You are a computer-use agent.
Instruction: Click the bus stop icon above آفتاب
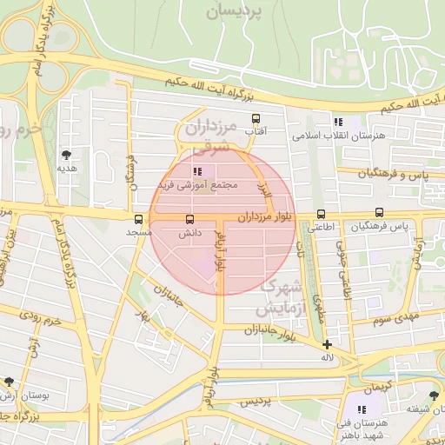click(256, 118)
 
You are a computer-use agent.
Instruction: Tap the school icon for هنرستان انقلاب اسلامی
click(337, 123)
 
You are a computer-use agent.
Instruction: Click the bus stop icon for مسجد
click(139, 219)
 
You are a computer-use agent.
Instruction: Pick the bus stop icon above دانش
click(190, 220)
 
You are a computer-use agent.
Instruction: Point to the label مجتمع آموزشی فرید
click(198, 186)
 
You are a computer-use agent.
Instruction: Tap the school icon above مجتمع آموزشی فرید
click(196, 172)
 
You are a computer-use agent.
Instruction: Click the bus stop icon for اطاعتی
click(322, 214)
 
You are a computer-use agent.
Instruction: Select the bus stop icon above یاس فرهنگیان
click(379, 212)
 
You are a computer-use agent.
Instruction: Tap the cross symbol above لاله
click(327, 344)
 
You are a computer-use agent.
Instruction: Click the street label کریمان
click(378, 384)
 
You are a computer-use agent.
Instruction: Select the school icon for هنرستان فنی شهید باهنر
click(361, 408)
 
